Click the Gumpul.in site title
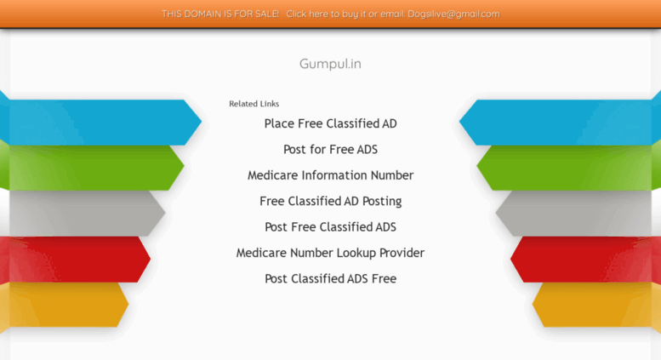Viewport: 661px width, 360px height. [330, 64]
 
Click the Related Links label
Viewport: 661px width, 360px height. [254, 104]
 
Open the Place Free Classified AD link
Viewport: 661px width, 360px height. [330, 123]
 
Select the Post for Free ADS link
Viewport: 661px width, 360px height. [330, 149]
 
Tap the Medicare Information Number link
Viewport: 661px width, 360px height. [330, 175]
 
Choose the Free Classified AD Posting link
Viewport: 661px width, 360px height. [330, 201]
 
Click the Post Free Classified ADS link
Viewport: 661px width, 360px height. [330, 226]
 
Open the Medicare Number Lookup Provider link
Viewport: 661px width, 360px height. [330, 253]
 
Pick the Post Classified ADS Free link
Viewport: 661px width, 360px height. [330, 278]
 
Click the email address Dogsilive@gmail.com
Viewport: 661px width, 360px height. [453, 14]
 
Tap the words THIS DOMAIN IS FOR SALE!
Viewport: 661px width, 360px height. [220, 14]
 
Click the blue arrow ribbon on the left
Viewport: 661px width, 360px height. [100, 123]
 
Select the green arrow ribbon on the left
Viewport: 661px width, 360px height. [92, 168]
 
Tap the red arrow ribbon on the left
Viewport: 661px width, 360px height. [75, 260]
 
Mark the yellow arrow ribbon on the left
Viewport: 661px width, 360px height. [64, 305]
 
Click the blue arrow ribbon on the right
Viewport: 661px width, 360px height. [561, 123]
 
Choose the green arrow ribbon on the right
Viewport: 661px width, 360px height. [569, 168]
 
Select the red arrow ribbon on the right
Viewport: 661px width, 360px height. [586, 260]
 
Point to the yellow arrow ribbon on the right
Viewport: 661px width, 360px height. [596, 305]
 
